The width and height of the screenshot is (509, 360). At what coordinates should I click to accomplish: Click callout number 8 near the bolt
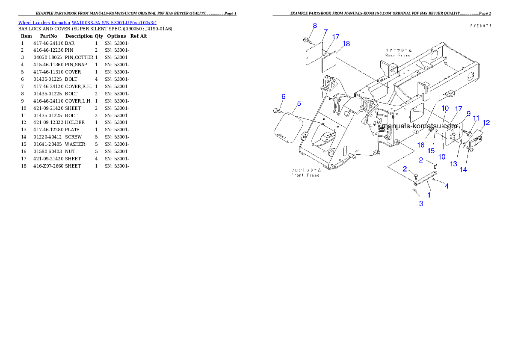314,26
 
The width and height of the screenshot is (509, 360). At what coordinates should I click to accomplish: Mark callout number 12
486,123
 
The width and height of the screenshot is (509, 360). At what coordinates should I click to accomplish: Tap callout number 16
421,145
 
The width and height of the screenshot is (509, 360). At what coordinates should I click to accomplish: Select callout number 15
431,150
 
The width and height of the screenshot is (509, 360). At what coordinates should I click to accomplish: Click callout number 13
453,164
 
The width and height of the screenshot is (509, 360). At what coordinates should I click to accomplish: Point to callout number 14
463,169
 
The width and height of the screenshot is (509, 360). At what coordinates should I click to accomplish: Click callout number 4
447,186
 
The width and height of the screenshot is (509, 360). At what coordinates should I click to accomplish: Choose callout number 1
429,195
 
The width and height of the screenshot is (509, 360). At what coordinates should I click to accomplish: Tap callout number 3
421,204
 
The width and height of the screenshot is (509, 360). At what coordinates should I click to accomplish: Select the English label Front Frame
305,175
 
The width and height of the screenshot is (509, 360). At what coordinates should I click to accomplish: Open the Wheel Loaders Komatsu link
87,22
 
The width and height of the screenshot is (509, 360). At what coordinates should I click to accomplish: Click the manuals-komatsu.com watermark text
420,126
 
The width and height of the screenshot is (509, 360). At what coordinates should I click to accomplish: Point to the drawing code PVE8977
480,26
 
